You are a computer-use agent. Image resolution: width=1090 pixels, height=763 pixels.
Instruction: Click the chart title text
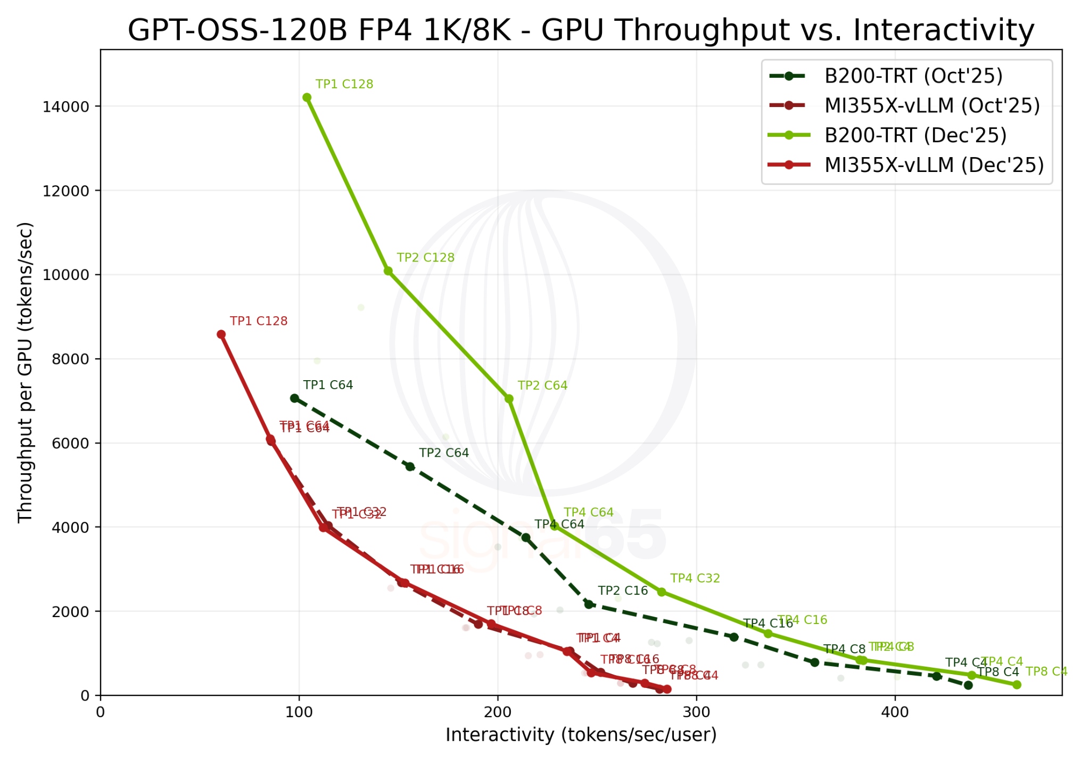tap(581, 30)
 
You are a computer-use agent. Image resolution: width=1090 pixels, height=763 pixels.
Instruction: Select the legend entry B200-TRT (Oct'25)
tap(913, 76)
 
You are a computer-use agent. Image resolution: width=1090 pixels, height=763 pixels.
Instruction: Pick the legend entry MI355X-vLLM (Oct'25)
tap(932, 106)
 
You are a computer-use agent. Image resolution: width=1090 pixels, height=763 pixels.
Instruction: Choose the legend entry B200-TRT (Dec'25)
tap(915, 135)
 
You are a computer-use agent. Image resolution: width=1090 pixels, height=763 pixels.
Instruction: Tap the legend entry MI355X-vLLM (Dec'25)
tap(934, 165)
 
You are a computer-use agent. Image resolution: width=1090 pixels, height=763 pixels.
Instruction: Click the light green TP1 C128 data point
tap(307, 97)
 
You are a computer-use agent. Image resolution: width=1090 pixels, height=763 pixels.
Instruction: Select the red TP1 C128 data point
tap(221, 334)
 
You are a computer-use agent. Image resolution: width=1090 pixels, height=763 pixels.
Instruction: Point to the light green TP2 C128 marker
tap(389, 271)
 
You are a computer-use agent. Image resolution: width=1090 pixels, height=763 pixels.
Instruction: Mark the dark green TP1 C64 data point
tap(294, 398)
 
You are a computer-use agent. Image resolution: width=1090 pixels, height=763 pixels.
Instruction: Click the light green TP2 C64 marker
tap(509, 399)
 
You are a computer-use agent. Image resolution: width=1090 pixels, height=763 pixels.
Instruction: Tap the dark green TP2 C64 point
tap(410, 467)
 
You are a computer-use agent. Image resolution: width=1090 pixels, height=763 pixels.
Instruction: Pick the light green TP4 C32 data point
tap(662, 592)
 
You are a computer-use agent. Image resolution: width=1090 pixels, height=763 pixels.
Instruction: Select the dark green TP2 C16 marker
tap(589, 604)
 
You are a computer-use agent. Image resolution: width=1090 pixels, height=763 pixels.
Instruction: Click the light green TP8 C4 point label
tap(1046, 672)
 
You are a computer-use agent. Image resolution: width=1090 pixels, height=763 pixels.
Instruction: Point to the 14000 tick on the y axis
tap(65, 106)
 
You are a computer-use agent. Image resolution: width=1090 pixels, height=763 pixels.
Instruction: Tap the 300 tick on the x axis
tap(696, 712)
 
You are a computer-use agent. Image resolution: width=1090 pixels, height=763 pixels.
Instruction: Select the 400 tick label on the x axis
tap(895, 712)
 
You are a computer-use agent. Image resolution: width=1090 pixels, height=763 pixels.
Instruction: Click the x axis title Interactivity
tap(581, 735)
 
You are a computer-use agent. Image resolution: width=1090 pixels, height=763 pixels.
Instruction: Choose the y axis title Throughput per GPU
tap(26, 373)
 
